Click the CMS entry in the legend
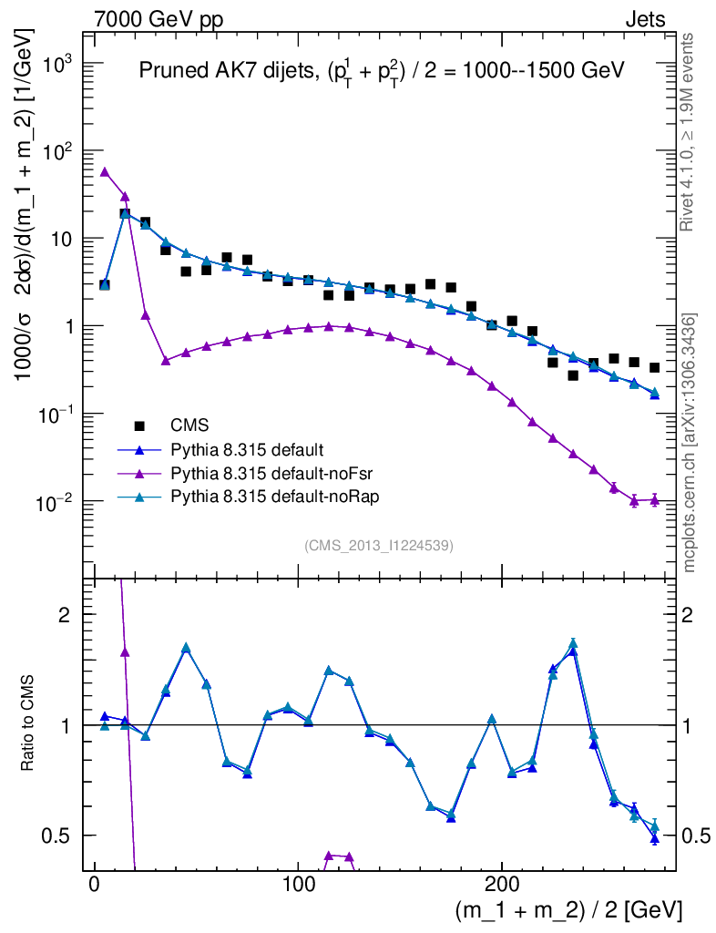click(x=187, y=425)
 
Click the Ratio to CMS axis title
click(x=30, y=724)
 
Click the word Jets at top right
click(x=644, y=19)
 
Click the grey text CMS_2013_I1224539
click(x=379, y=546)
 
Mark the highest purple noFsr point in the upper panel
click(x=105, y=171)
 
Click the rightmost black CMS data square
click(x=654, y=368)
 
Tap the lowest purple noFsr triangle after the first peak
click(x=166, y=360)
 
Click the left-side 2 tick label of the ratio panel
click(x=65, y=615)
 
